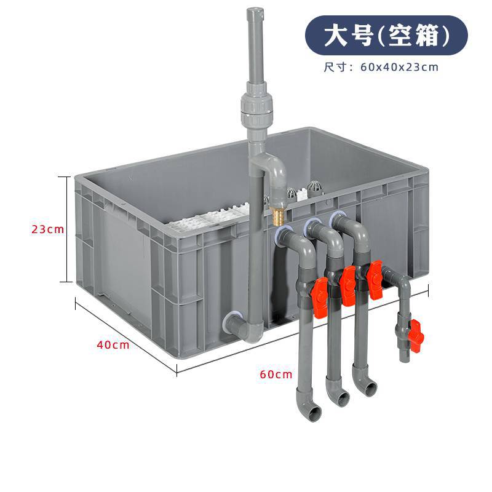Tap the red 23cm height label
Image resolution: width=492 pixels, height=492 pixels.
click(47, 229)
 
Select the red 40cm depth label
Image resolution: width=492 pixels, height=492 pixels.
click(113, 344)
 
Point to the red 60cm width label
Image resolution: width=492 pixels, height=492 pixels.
click(276, 373)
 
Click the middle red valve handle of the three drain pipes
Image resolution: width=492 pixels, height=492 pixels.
click(347, 285)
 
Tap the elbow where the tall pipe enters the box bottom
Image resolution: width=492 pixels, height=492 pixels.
click(240, 324)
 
